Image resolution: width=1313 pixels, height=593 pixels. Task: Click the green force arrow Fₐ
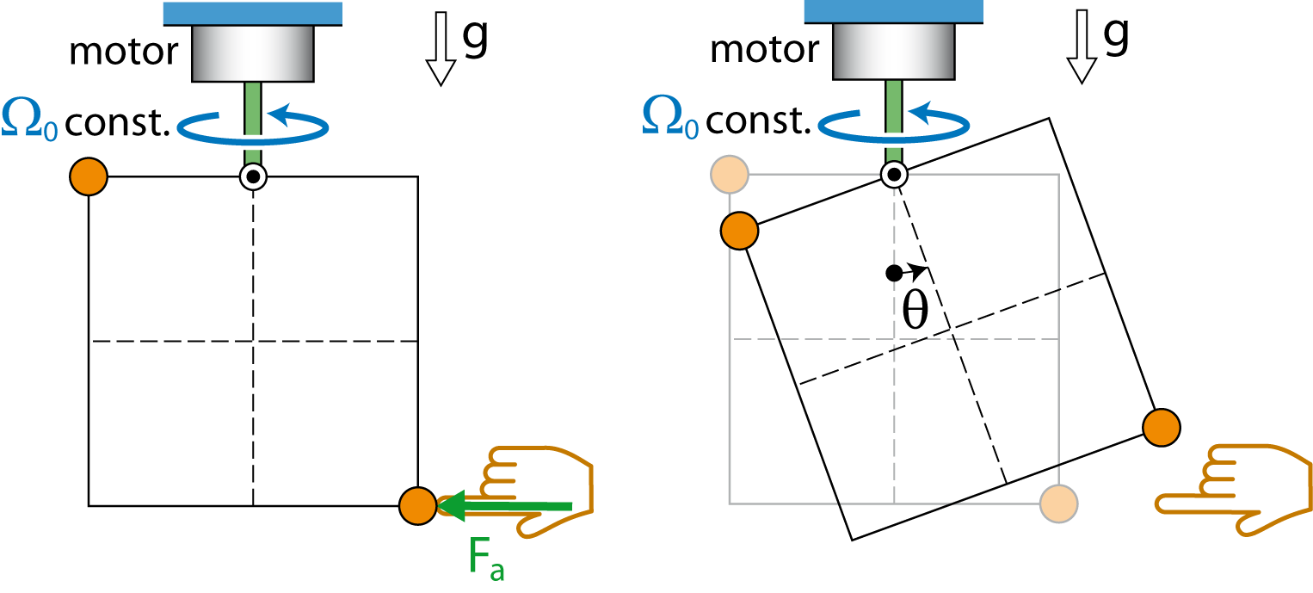505,505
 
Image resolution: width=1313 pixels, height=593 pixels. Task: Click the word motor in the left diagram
124,52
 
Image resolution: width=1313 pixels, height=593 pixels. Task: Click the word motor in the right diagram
764,49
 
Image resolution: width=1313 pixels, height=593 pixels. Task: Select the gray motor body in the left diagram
253,53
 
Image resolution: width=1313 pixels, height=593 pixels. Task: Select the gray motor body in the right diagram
894,52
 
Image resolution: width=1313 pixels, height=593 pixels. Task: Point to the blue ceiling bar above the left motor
253,14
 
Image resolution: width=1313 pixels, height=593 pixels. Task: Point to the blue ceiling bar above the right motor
894,12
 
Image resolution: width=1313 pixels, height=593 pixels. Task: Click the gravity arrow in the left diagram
441,49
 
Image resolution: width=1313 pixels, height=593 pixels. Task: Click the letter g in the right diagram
1116,35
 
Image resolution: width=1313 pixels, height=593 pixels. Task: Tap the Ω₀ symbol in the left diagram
29,119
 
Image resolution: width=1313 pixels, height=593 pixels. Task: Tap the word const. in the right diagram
758,120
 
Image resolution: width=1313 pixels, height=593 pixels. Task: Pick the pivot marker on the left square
253,176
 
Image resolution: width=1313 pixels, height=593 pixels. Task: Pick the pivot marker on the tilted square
894,175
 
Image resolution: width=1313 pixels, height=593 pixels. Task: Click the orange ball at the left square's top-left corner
89,176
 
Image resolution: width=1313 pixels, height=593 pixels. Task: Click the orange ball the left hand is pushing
418,505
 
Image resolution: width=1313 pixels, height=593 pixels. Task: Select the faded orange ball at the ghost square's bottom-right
1058,503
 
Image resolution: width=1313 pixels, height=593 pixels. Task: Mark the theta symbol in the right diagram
915,311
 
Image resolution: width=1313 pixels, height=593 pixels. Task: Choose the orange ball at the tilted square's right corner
1162,428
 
